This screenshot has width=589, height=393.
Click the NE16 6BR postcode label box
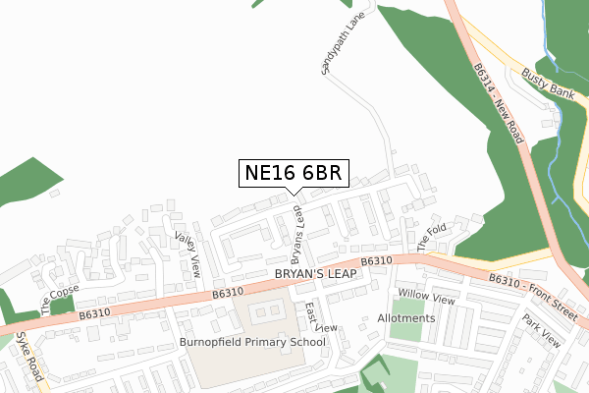(294, 173)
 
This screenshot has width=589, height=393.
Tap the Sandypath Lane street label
(335, 45)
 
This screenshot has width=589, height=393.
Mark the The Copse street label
(58, 293)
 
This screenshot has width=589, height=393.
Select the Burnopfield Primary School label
(252, 342)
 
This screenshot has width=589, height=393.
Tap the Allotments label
(405, 318)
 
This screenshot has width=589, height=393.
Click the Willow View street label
(427, 296)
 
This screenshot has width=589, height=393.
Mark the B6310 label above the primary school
(227, 292)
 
